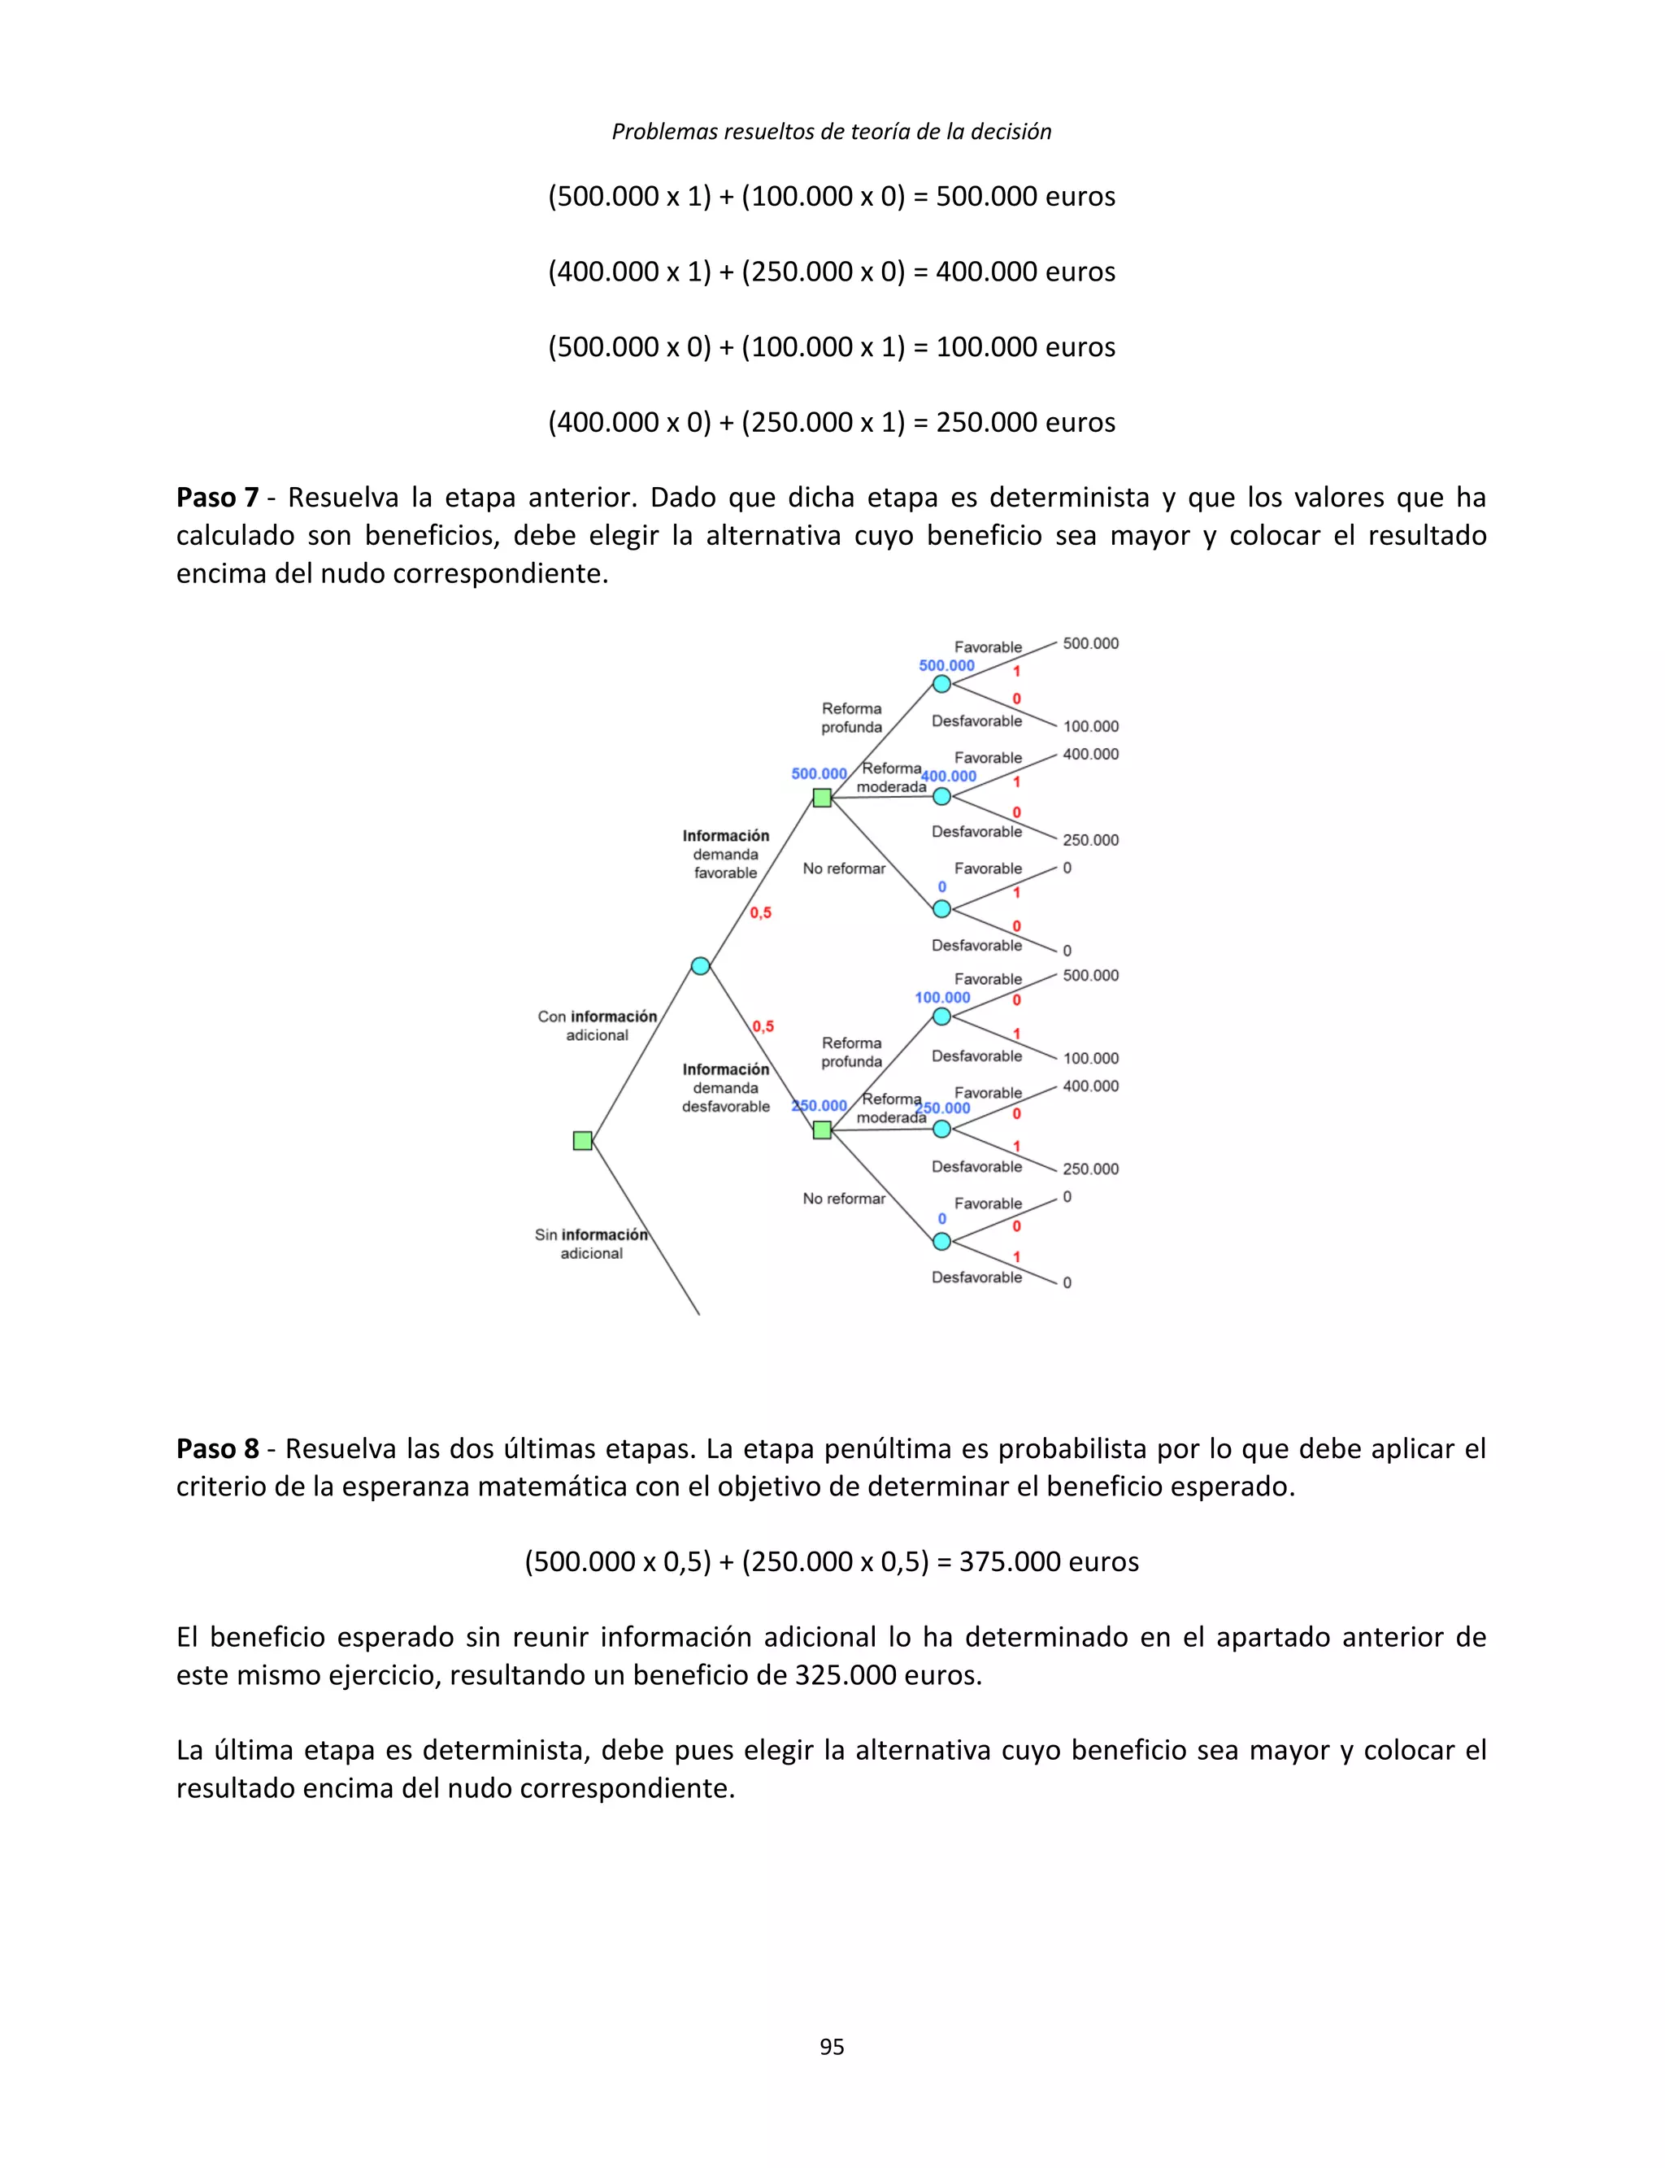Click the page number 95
click(x=832, y=2046)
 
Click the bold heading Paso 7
click(x=217, y=497)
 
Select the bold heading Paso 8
click(x=217, y=1448)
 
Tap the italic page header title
click(x=832, y=131)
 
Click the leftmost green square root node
click(x=583, y=1141)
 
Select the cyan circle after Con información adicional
click(x=701, y=965)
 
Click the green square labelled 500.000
click(x=822, y=797)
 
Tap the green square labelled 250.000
click(x=822, y=1129)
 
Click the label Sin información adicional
click(x=592, y=1244)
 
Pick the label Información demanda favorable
click(x=725, y=854)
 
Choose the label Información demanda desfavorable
click(x=725, y=1087)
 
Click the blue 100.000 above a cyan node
click(x=942, y=997)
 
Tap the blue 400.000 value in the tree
click(x=950, y=776)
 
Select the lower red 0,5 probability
click(x=762, y=1027)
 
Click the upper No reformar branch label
click(x=843, y=869)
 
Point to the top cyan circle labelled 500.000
click(x=941, y=684)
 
